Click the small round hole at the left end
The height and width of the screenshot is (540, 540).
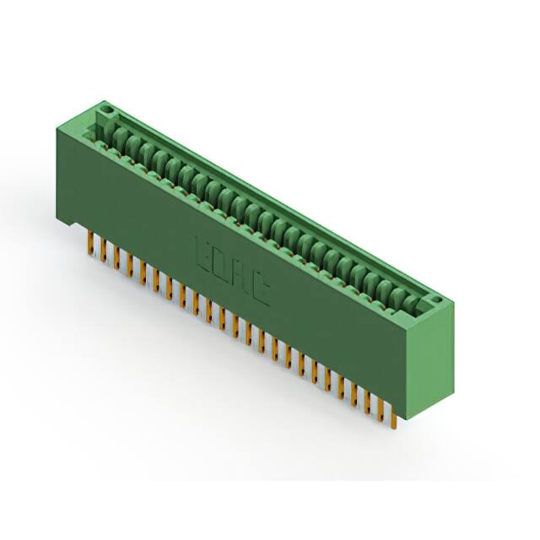click(x=108, y=111)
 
